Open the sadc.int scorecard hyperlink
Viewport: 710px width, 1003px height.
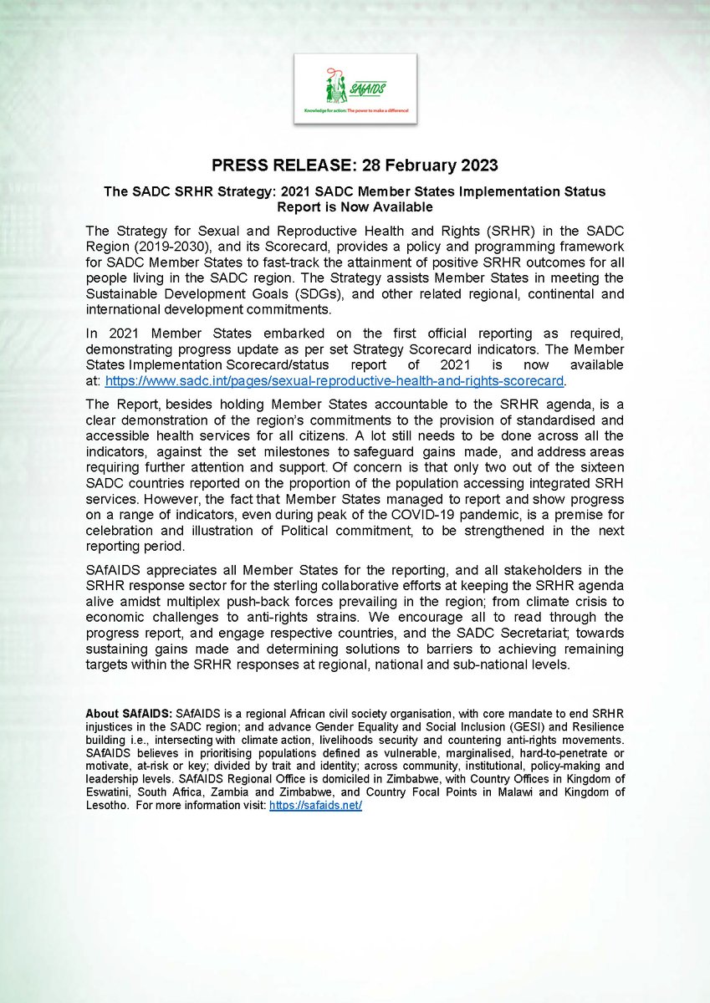335,381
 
